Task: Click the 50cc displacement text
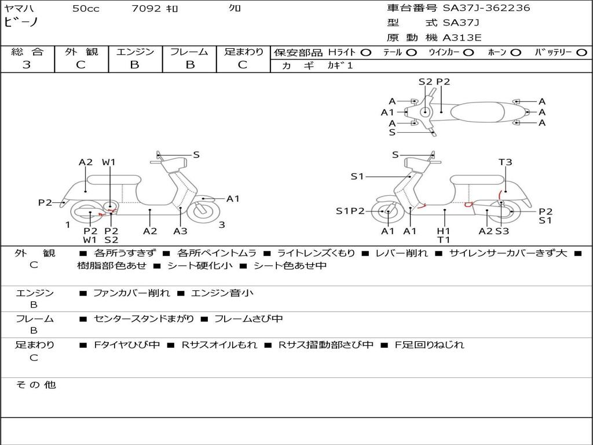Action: coord(86,9)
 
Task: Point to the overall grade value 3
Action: coord(27,65)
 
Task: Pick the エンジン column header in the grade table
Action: coord(135,52)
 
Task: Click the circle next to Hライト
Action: coord(366,53)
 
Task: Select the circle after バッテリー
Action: coord(582,53)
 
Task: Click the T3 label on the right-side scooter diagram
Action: coord(505,162)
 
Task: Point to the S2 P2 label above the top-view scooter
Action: coord(434,82)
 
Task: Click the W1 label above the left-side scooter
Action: coord(109,162)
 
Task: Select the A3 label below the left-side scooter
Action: coord(181,231)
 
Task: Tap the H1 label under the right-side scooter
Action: coord(444,231)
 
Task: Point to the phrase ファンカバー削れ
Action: coord(131,293)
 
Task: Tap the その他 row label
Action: coord(35,385)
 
